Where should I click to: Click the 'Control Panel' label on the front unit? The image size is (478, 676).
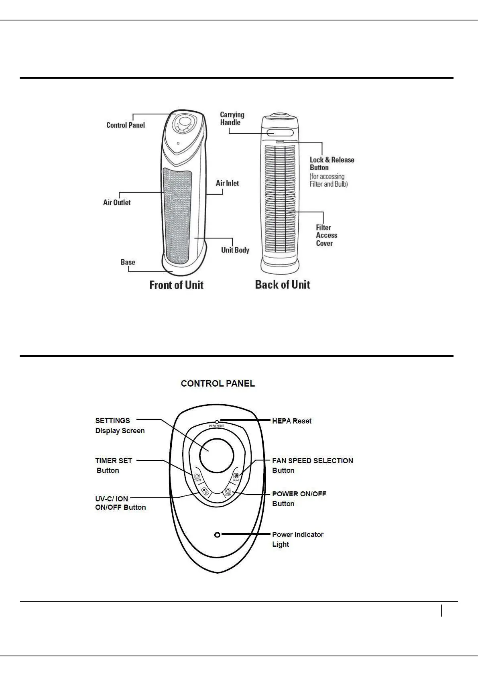pyautogui.click(x=125, y=125)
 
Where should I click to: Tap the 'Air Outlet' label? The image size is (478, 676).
pyautogui.click(x=117, y=203)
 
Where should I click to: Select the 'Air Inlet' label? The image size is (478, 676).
pyautogui.click(x=227, y=183)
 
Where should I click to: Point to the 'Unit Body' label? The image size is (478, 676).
pyautogui.click(x=235, y=250)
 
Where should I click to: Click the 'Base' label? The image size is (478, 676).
pyautogui.click(x=128, y=262)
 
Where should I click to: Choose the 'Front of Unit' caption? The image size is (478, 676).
pyautogui.click(x=176, y=285)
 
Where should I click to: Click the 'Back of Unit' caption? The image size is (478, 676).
pyautogui.click(x=283, y=285)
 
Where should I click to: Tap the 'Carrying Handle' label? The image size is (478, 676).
pyautogui.click(x=232, y=118)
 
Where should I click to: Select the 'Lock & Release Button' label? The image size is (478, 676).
pyautogui.click(x=332, y=164)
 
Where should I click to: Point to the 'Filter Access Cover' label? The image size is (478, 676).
pyautogui.click(x=326, y=235)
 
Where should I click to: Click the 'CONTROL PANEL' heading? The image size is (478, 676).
pyautogui.click(x=218, y=383)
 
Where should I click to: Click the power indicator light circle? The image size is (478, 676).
pyautogui.click(x=217, y=535)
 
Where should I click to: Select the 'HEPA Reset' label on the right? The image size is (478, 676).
pyautogui.click(x=291, y=421)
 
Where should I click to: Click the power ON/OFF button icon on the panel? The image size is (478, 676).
pyautogui.click(x=227, y=491)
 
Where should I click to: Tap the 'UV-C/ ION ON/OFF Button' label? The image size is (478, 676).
pyautogui.click(x=120, y=503)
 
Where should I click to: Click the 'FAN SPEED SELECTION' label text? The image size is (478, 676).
pyautogui.click(x=312, y=460)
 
